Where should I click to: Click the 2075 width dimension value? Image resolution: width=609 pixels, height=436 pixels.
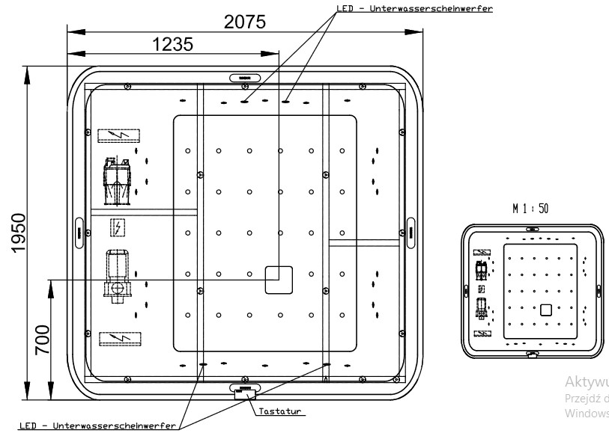(245, 22)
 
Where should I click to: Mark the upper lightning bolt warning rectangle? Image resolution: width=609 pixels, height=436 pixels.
(118, 135)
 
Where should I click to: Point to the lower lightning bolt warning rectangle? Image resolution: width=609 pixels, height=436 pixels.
(117, 338)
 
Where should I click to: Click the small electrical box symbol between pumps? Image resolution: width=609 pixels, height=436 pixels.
(117, 226)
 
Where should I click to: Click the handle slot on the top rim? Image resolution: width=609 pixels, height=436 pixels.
(244, 76)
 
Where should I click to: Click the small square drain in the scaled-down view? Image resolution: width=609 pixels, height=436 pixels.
(546, 309)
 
